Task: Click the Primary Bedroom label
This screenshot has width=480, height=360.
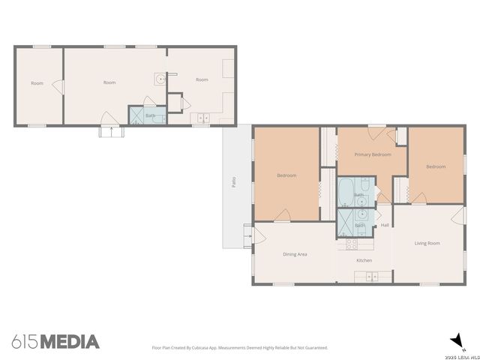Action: pyautogui.click(x=373, y=154)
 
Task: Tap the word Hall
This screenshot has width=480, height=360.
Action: pyautogui.click(x=385, y=225)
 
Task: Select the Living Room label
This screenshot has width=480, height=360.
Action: pyautogui.click(x=427, y=243)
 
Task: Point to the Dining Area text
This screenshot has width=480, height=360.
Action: pyautogui.click(x=295, y=254)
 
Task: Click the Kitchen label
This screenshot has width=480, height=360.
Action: pyautogui.click(x=364, y=260)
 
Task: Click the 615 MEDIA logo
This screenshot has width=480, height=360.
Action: pyautogui.click(x=55, y=342)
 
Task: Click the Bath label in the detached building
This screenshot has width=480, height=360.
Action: pyautogui.click(x=150, y=115)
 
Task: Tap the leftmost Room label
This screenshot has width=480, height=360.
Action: pyautogui.click(x=37, y=83)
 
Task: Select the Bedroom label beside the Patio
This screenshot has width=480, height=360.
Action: pyautogui.click(x=286, y=175)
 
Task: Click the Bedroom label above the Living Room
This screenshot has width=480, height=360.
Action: pyautogui.click(x=436, y=166)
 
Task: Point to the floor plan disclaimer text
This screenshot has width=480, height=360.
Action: pyautogui.click(x=240, y=347)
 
